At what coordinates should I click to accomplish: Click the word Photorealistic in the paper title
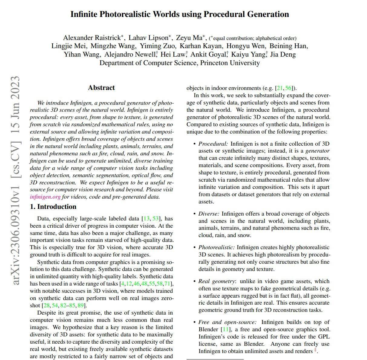tap(127, 14)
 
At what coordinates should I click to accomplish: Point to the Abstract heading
tap(101, 88)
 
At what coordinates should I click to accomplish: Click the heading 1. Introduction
tap(53, 207)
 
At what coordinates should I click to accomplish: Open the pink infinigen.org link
tap(45, 197)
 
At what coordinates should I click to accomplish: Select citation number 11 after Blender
tap(226, 329)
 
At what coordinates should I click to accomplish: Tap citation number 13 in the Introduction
tap(146, 219)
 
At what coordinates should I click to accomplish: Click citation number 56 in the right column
tap(288, 88)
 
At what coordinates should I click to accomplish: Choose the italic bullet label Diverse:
tap(209, 214)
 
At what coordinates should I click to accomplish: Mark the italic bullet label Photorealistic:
tap(216, 247)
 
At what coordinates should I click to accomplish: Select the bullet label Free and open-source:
tap(227, 322)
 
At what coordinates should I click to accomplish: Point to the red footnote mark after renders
tap(315, 350)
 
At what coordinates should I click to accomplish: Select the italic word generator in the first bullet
tap(317, 151)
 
